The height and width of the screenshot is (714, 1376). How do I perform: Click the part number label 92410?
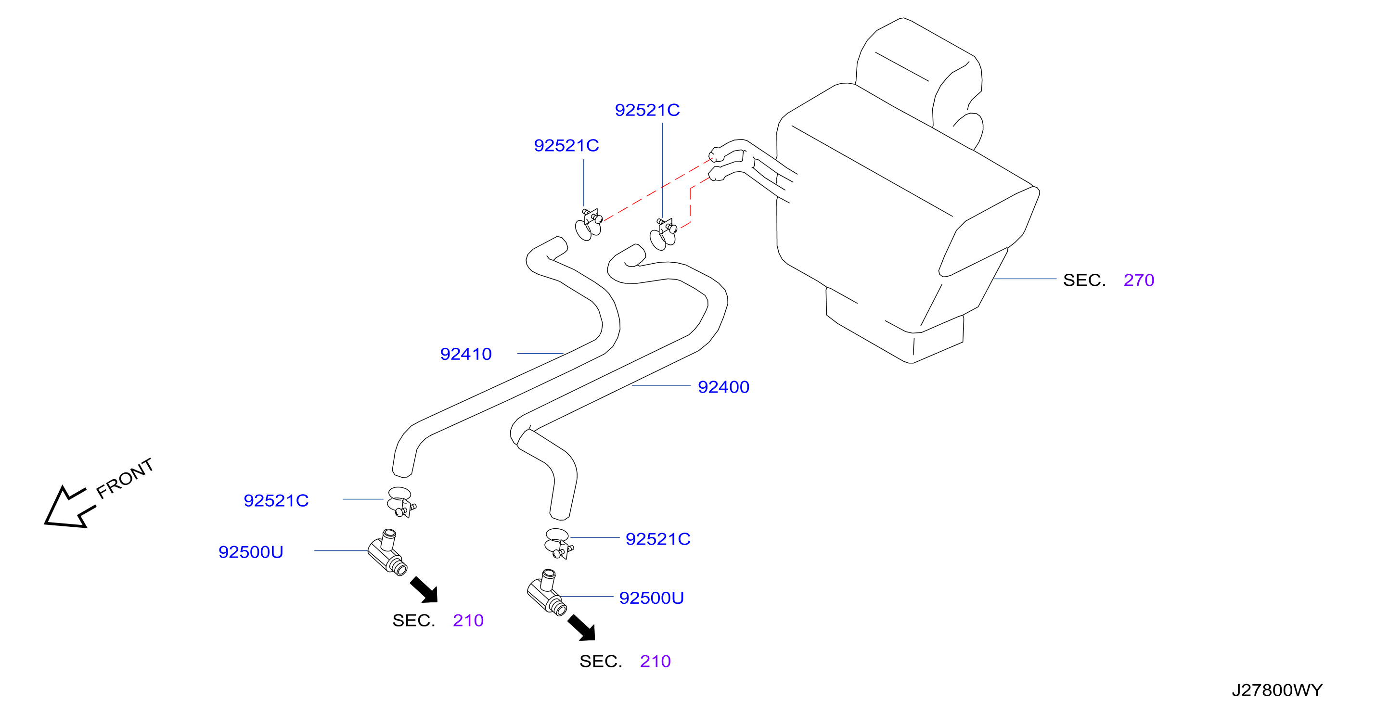coord(465,354)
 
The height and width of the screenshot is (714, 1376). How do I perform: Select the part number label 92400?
coord(723,387)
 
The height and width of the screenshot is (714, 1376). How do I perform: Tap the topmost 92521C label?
coord(647,110)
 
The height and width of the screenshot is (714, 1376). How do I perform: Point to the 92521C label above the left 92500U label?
coord(276,500)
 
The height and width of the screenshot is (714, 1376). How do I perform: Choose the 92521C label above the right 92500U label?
coord(657,539)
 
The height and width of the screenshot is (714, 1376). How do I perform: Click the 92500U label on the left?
coord(251,552)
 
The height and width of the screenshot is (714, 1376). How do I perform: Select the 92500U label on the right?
coord(651,598)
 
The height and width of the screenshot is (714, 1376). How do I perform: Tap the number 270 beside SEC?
coord(1139,280)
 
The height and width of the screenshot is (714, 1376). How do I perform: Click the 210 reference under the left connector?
coord(468,621)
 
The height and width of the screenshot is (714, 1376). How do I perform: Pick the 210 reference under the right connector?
coord(655,662)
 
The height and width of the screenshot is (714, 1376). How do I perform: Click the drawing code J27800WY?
coord(1277,690)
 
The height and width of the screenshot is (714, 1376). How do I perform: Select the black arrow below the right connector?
coord(582,627)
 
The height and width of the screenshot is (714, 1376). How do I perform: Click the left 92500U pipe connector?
coord(387,553)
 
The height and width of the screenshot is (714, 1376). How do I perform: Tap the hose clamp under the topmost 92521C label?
coord(663,234)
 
